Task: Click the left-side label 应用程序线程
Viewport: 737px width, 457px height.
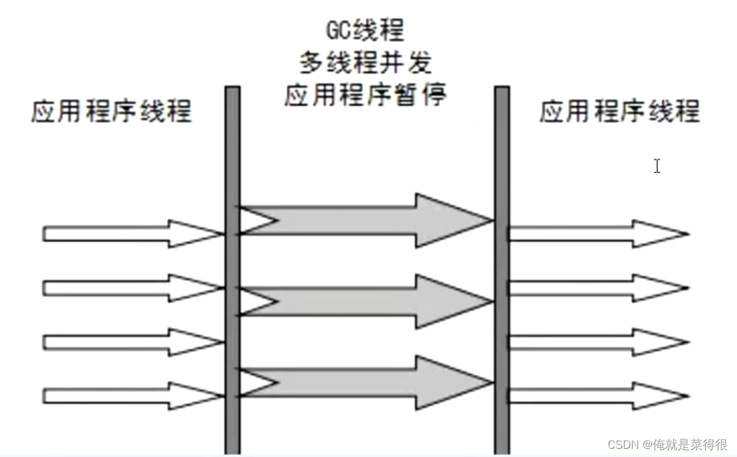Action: pyautogui.click(x=111, y=113)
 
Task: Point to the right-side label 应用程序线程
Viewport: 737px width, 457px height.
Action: pyautogui.click(x=619, y=113)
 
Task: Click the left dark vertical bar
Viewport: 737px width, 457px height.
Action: pyautogui.click(x=232, y=269)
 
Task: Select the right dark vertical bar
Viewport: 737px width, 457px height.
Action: pyautogui.click(x=502, y=269)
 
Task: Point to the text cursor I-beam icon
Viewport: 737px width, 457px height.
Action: pyautogui.click(x=656, y=166)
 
